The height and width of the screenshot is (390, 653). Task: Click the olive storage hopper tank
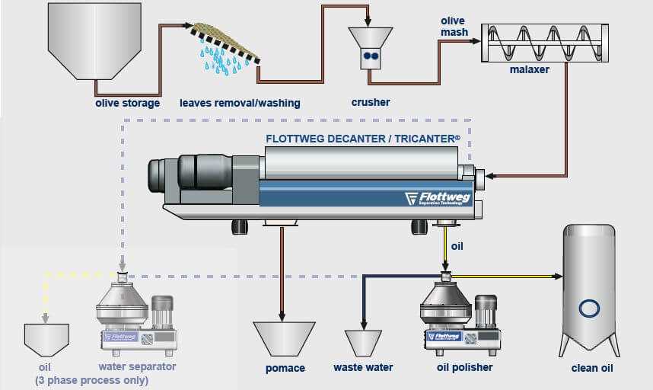point(84,42)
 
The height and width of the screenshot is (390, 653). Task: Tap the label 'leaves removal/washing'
point(240,103)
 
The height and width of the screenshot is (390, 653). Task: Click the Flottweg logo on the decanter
point(437,198)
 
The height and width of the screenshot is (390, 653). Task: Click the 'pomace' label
point(284,368)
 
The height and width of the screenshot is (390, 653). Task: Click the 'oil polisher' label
point(464,368)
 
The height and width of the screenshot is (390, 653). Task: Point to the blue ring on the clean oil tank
point(588,308)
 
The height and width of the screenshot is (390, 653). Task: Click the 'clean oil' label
point(592,368)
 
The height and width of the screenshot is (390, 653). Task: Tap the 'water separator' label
point(137,366)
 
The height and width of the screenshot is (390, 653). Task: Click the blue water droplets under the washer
point(223,59)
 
